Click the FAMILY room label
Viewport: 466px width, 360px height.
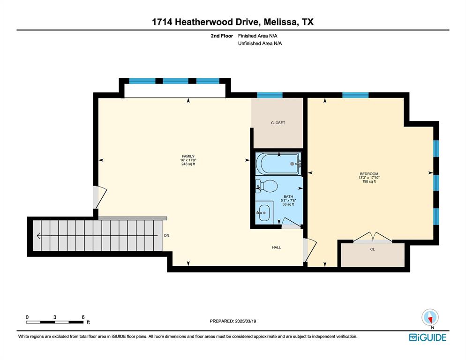pyautogui.click(x=188, y=157)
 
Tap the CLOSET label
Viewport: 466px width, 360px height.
pyautogui.click(x=278, y=123)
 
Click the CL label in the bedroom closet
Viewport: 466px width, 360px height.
pyautogui.click(x=373, y=249)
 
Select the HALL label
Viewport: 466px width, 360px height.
pyautogui.click(x=277, y=247)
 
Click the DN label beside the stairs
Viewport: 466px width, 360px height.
pyautogui.click(x=166, y=235)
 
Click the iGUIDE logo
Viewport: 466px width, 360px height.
pyautogui.click(x=428, y=337)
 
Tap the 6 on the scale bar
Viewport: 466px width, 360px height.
pyautogui.click(x=83, y=317)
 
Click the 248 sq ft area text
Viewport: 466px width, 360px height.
pyautogui.click(x=188, y=164)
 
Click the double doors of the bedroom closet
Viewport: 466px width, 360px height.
pyautogui.click(x=372, y=238)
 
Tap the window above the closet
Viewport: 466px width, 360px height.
pyautogui.click(x=270, y=95)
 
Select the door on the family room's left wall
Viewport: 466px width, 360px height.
pyautogui.click(x=99, y=197)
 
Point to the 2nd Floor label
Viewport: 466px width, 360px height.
pyautogui.click(x=222, y=36)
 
